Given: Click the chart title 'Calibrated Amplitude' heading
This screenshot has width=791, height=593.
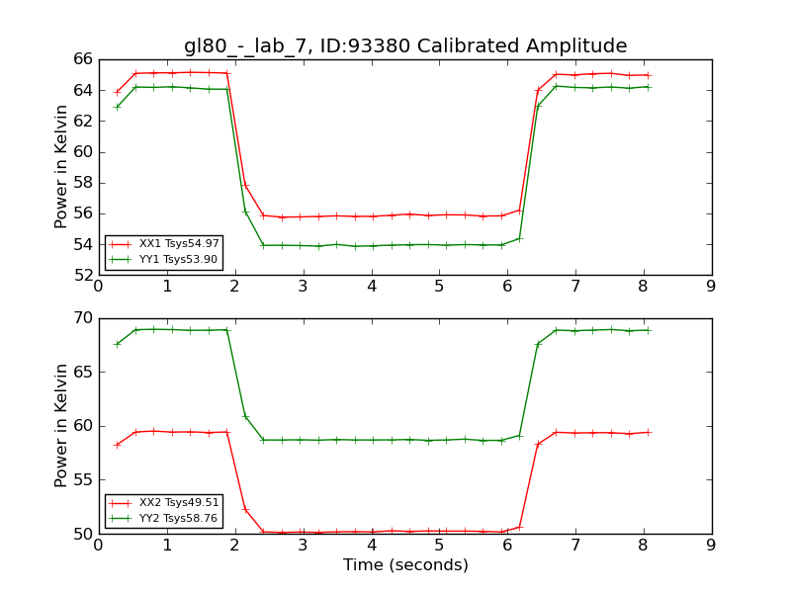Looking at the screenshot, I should click(x=405, y=46).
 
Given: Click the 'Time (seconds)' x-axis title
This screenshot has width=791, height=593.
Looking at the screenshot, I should click(x=405, y=565).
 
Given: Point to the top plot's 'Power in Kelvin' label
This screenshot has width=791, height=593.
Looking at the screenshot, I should click(x=62, y=166).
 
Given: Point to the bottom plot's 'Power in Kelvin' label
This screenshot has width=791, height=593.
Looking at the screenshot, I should click(x=62, y=425).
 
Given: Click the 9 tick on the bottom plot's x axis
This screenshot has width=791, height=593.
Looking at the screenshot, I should click(x=711, y=546).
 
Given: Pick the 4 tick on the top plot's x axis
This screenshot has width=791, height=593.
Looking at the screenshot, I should click(x=371, y=287).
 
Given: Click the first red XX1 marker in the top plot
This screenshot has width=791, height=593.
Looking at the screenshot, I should click(x=118, y=92).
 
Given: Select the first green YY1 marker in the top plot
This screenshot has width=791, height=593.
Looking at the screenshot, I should click(x=118, y=107).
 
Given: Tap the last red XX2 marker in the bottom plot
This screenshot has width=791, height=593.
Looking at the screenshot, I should click(x=648, y=432).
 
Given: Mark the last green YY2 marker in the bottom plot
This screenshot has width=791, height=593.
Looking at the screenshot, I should click(x=648, y=330).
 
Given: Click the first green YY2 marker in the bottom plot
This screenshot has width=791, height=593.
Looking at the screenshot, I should click(x=118, y=344).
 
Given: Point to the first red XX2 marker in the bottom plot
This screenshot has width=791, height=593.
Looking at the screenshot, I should click(x=118, y=445).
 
